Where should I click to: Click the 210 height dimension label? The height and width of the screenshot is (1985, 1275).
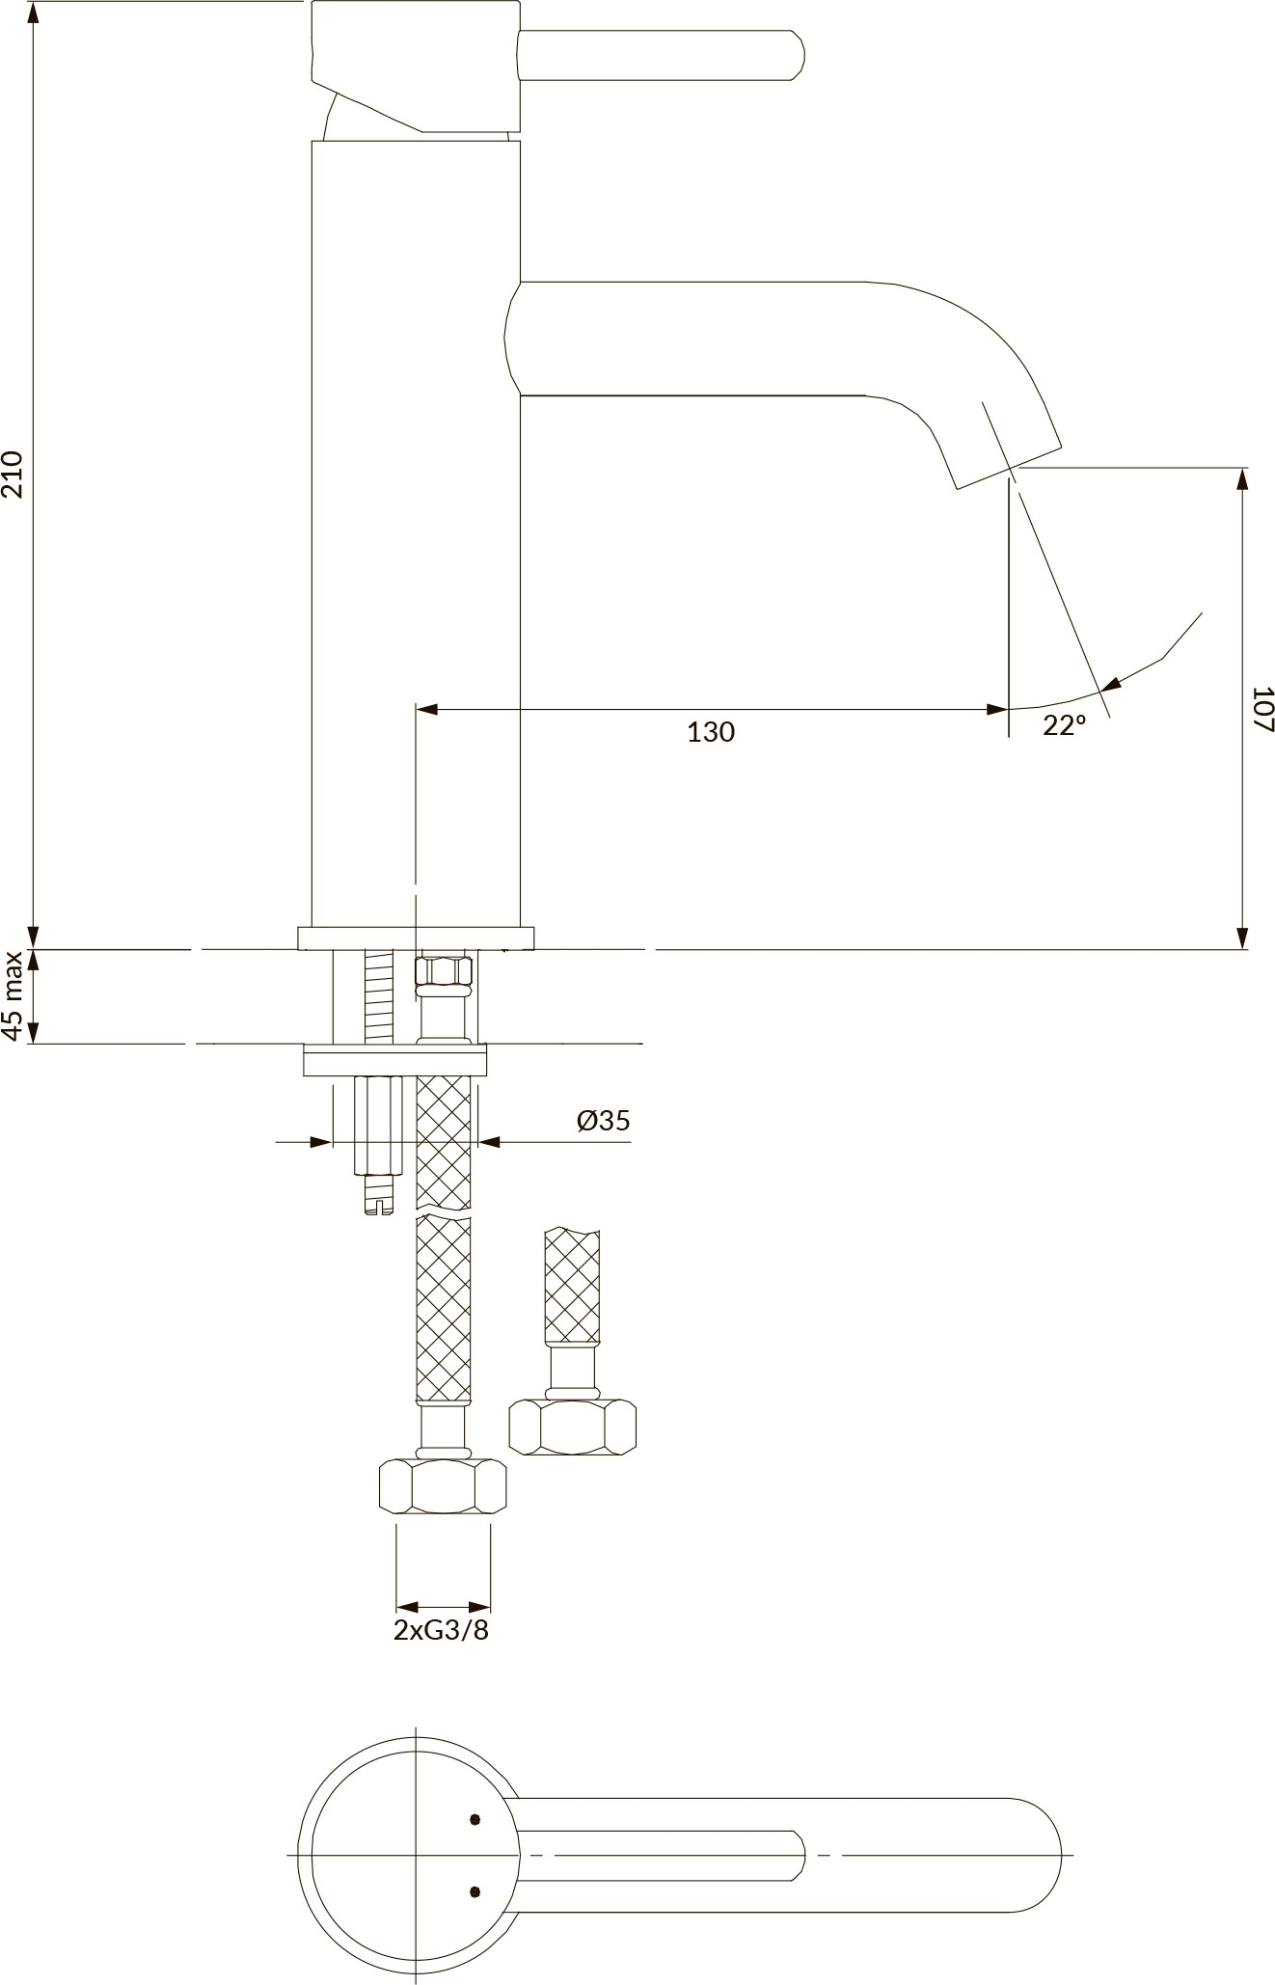tap(13, 474)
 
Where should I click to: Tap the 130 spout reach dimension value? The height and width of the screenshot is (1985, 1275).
tap(711, 732)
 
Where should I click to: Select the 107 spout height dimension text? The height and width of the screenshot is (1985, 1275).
tap(1262, 709)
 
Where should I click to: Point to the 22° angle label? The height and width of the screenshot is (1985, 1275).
tap(1064, 725)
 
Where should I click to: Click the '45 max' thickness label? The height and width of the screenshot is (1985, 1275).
tap(13, 995)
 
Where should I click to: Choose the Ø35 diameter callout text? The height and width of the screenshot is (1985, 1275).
tap(604, 1120)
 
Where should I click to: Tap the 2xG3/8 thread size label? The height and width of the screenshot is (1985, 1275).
tap(442, 1630)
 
